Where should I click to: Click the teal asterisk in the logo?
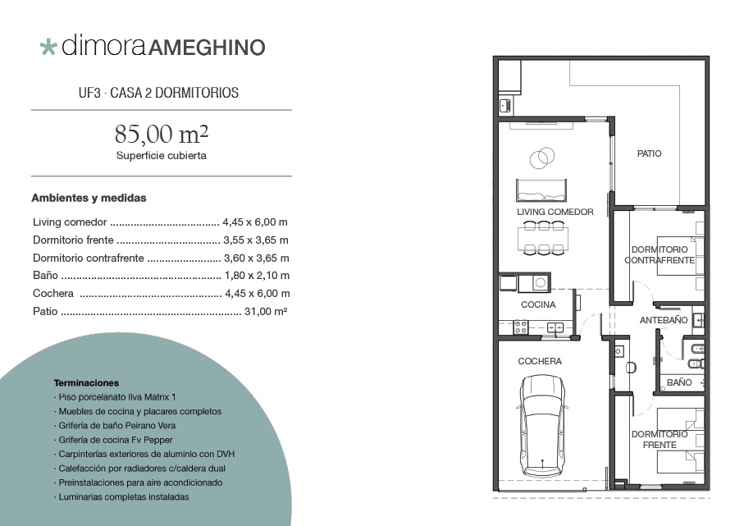coord(48,48)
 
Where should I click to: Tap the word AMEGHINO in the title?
coord(207,48)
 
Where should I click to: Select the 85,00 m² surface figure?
coord(162,134)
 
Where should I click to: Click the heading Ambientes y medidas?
coord(89,198)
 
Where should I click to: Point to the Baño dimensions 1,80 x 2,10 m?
coord(257,276)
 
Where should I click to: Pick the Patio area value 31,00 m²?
coord(266,312)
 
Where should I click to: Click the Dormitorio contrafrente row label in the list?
coord(89,258)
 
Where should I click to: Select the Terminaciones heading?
coord(86,382)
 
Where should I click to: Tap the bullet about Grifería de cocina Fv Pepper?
coord(116,440)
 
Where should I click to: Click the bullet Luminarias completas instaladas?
coord(123,497)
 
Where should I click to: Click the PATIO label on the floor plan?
coord(649,153)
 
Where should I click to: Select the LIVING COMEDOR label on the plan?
coord(555,212)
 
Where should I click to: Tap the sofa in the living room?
coord(541,190)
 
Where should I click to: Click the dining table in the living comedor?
coord(543,238)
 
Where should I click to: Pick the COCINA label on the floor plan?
coord(538,304)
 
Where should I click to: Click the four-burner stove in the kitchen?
coord(521,327)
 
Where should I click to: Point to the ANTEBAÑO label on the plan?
coord(664,320)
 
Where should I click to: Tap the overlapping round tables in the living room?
coord(542,157)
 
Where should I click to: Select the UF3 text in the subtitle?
coord(89,93)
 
